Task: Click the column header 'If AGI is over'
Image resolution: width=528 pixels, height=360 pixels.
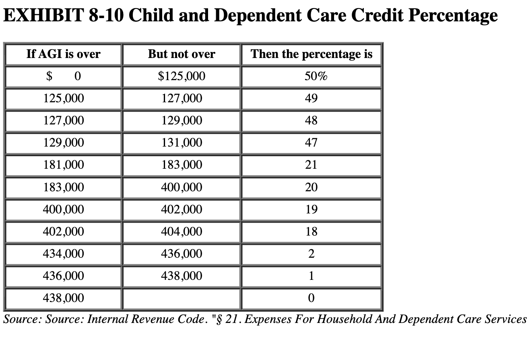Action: point(63,54)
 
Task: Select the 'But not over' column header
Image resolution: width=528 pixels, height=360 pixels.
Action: point(181,54)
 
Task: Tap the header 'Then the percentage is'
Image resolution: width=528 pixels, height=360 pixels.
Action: point(311,54)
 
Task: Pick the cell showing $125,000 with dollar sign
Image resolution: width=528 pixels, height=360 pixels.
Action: point(181,76)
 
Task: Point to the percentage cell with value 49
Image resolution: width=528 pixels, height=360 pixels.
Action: point(311,98)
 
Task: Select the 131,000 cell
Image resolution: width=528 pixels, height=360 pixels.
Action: point(181,143)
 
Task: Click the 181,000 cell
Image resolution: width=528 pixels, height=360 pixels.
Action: point(63,165)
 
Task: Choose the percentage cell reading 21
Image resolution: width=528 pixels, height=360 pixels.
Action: point(311,165)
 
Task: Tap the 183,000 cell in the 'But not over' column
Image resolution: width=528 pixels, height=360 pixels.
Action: point(181,165)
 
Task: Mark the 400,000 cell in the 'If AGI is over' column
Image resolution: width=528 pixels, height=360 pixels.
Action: point(63,209)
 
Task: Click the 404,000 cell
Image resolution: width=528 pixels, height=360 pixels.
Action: point(181,232)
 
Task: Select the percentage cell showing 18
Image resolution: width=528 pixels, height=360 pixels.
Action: point(311,232)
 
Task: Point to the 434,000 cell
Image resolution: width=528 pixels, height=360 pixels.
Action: point(63,254)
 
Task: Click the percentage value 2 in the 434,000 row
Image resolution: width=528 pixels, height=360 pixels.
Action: point(311,254)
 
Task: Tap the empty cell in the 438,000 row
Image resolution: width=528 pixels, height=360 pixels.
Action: point(181,298)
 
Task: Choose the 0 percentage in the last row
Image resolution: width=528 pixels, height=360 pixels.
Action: point(311,298)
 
